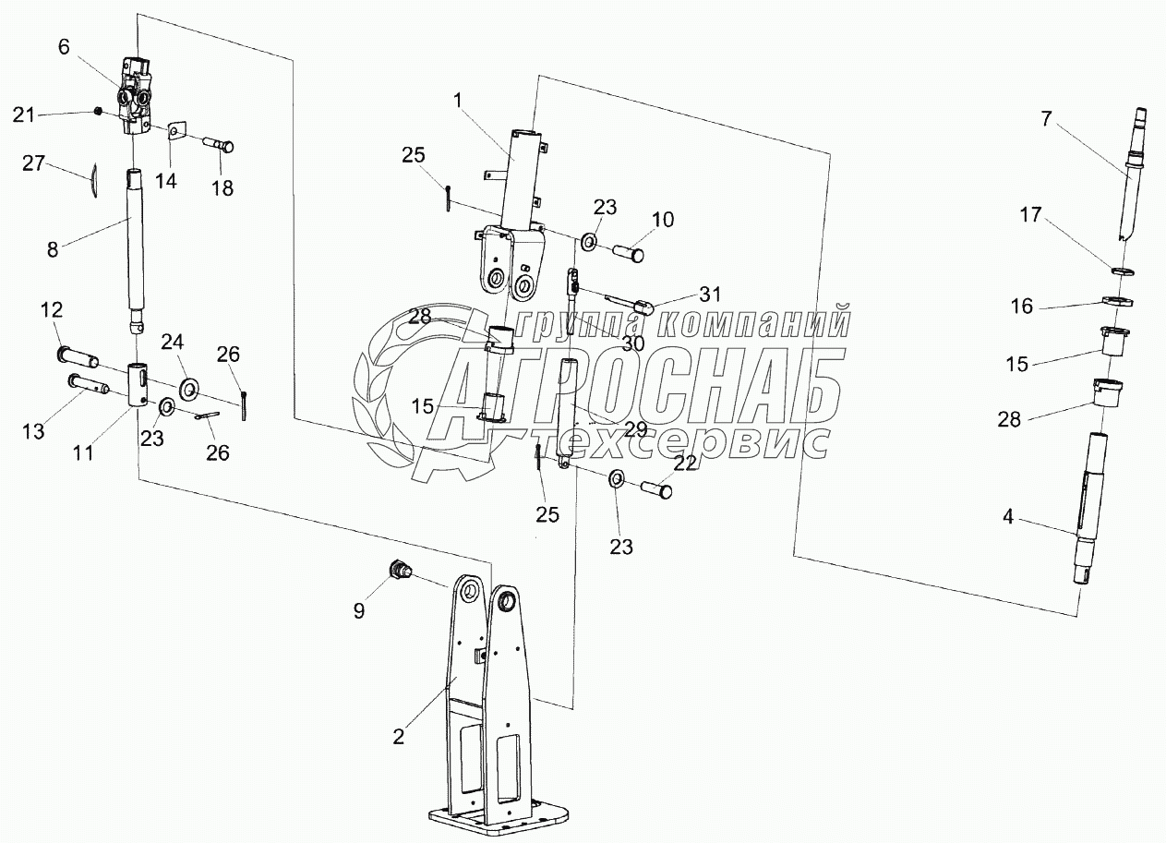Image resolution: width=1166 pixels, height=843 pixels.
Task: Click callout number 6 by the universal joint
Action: click(64, 48)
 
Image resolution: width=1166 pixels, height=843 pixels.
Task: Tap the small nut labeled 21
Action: click(97, 113)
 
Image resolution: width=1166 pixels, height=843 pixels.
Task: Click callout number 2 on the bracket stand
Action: click(398, 736)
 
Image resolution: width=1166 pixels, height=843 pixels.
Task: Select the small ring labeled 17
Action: click(1117, 271)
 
